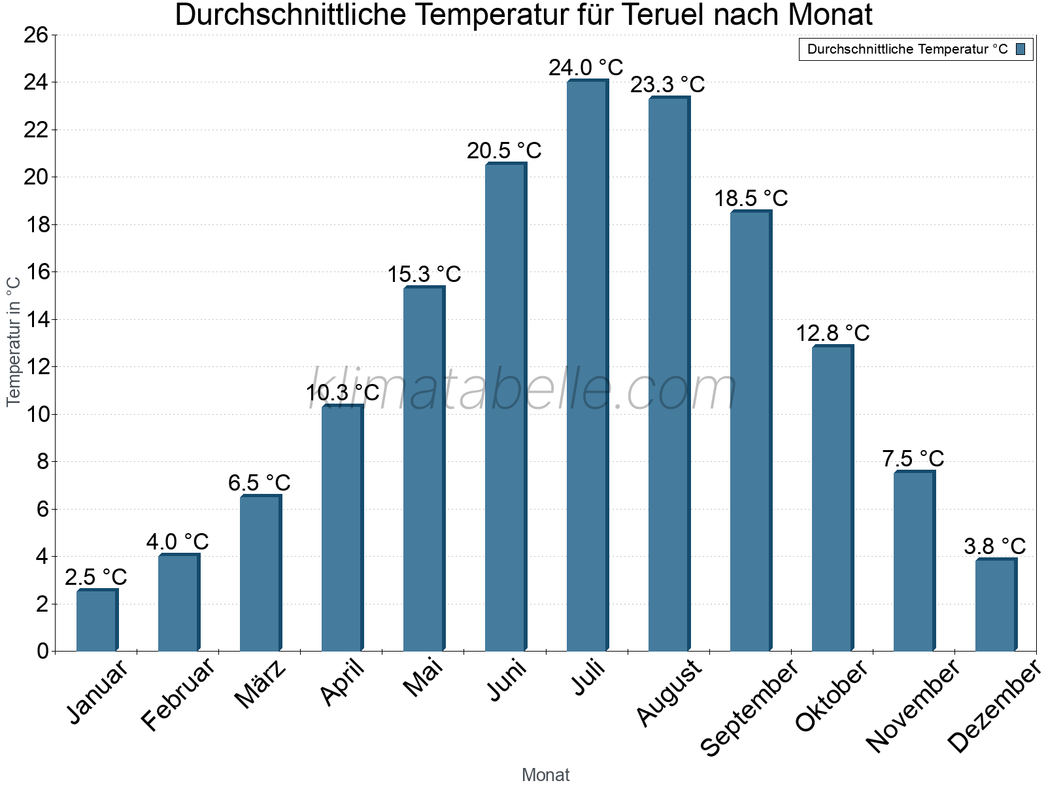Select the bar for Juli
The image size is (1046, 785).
point(586,366)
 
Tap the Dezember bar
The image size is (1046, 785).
point(995,605)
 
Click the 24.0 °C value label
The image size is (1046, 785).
point(586,67)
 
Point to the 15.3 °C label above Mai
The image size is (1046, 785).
point(424,274)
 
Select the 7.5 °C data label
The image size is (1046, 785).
point(913,459)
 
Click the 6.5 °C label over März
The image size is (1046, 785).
point(259,483)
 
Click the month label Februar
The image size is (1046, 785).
point(178,693)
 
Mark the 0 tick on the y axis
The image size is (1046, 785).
point(42,651)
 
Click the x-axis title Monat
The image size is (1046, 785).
point(545,775)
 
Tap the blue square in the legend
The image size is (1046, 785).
point(1021,49)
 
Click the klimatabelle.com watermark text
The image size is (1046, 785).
point(523,391)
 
